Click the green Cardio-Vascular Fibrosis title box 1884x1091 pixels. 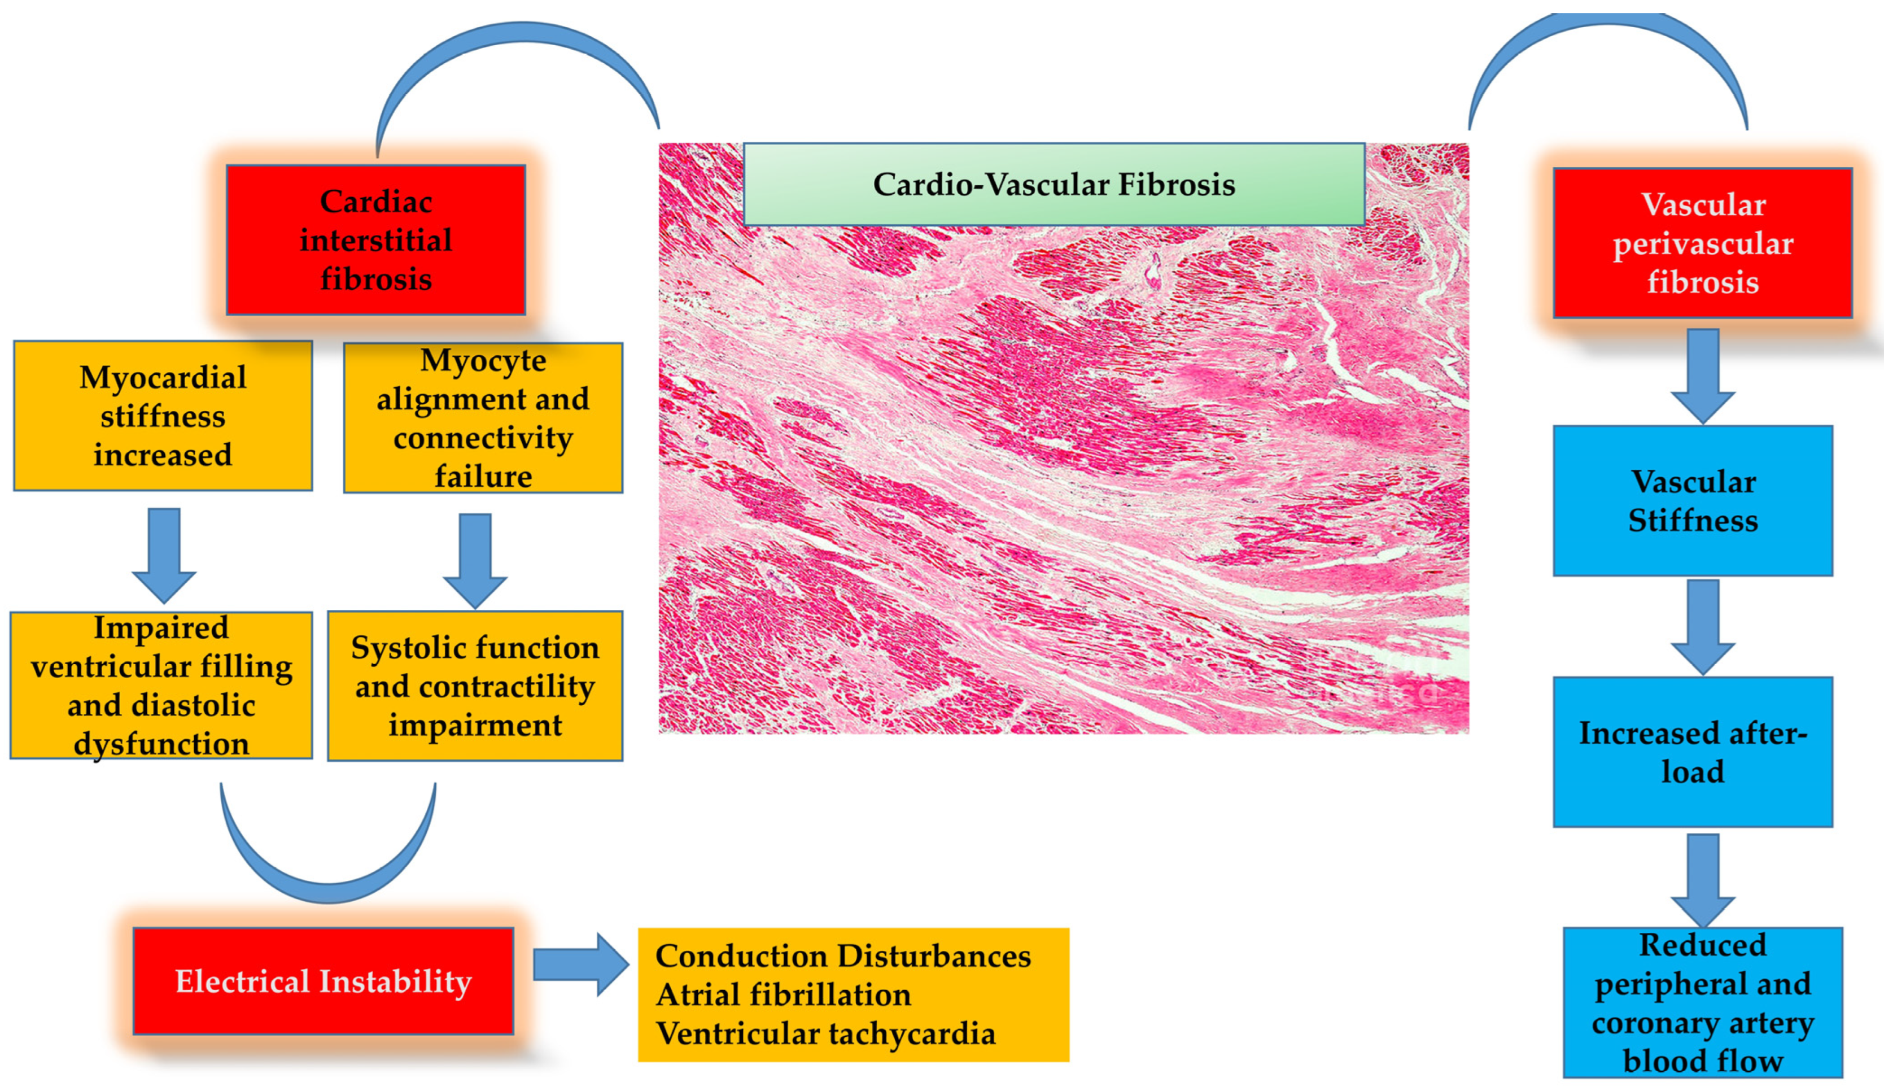[1054, 184]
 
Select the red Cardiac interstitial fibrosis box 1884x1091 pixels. [375, 240]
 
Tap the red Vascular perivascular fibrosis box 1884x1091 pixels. [1702, 243]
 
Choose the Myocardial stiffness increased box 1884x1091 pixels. [163, 416]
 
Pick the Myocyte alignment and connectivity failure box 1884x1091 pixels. [483, 418]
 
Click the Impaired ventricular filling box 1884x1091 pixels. [161, 685]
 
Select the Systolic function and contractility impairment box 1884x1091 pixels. [475, 686]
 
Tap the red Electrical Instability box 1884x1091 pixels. [323, 981]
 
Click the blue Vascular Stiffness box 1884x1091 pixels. [1693, 501]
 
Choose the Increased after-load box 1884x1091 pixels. [1693, 752]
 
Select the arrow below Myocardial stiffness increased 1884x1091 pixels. [164, 554]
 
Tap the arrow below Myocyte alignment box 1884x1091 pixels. [475, 559]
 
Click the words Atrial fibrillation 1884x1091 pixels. [784, 994]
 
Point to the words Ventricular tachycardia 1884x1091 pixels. [825, 1033]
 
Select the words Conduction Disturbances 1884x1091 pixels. [842, 955]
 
